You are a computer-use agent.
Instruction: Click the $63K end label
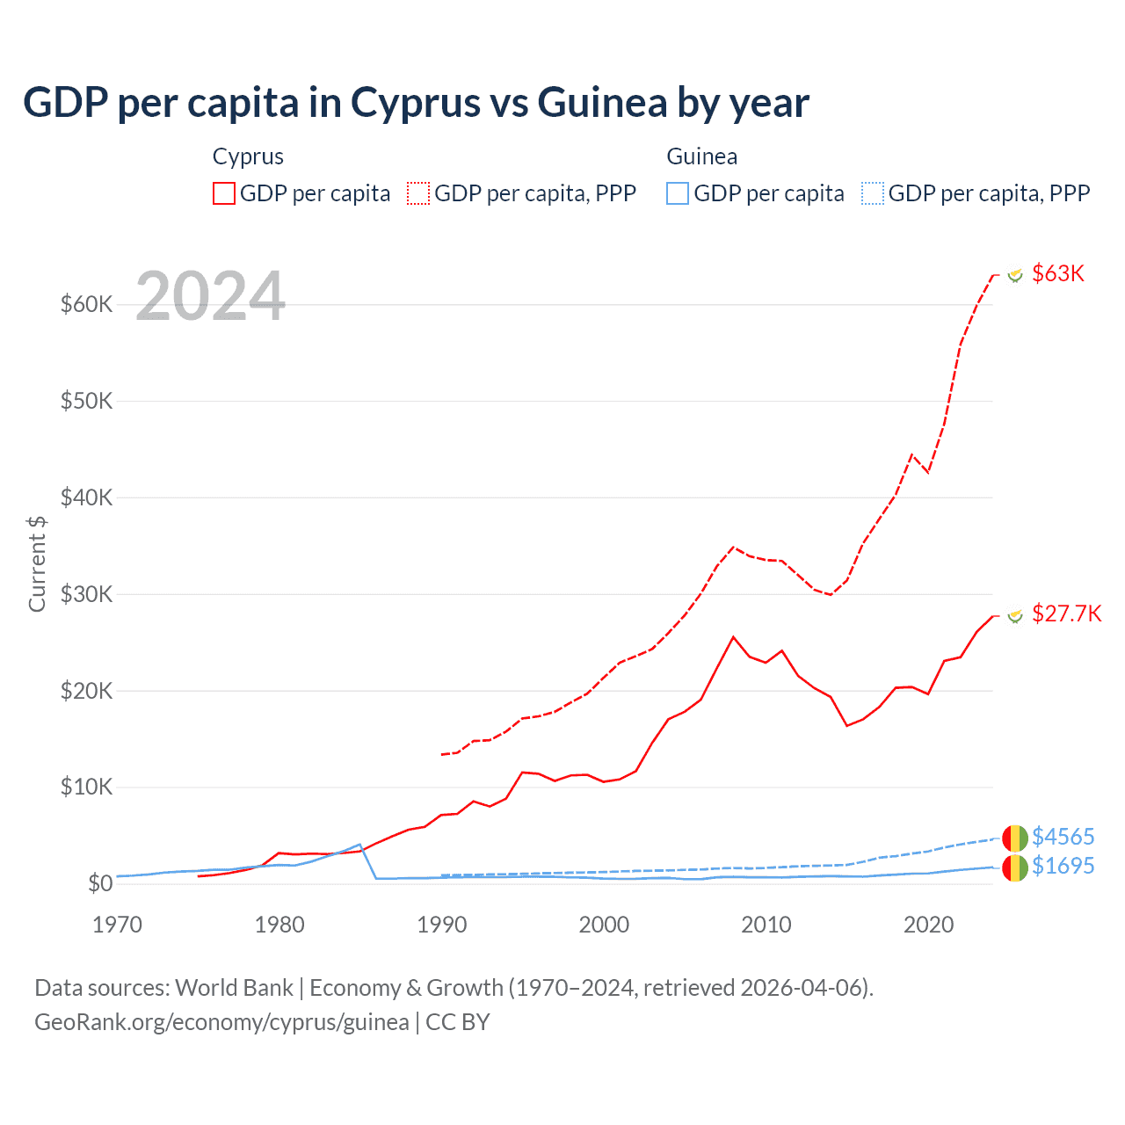(x=1058, y=273)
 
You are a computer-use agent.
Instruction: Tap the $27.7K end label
(x=1066, y=613)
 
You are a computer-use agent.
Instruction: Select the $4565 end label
(x=1063, y=836)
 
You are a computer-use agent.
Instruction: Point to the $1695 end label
(x=1063, y=866)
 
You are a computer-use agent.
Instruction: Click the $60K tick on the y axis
(x=86, y=305)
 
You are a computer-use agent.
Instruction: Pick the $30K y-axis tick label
(x=86, y=594)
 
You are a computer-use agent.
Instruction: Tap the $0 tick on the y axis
(x=99, y=883)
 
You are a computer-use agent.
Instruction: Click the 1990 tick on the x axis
(x=441, y=925)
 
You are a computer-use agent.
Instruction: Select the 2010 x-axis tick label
(x=766, y=925)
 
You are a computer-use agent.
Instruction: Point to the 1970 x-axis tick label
(x=117, y=925)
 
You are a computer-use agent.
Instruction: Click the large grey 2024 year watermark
(x=210, y=296)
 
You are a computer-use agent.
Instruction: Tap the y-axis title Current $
(x=37, y=563)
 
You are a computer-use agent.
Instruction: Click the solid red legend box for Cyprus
(x=224, y=193)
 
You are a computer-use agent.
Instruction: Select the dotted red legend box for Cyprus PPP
(x=418, y=193)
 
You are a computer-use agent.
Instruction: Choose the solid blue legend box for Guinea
(x=678, y=193)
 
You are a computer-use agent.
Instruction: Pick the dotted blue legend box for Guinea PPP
(x=873, y=193)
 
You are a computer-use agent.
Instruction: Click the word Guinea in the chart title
(x=602, y=103)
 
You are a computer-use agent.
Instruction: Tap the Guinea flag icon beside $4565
(x=1014, y=838)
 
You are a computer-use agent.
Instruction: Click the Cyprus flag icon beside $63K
(x=1015, y=275)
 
